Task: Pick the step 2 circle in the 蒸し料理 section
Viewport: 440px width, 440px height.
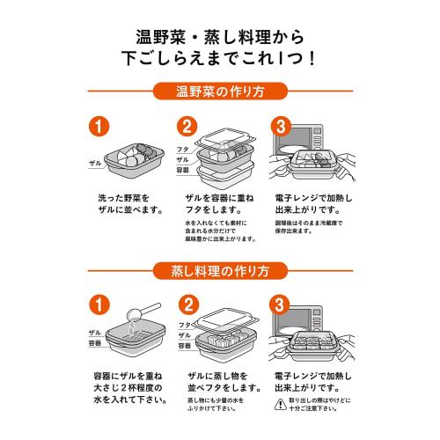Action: click(x=187, y=305)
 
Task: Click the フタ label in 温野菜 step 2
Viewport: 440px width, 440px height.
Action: click(x=184, y=150)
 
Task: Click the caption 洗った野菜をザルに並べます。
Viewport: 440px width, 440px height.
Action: click(x=128, y=204)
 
